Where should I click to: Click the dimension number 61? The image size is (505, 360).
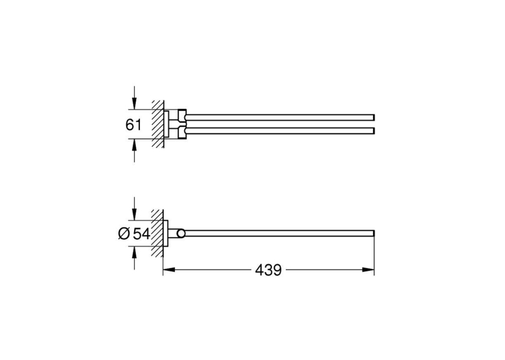133,124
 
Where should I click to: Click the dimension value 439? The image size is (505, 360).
268,270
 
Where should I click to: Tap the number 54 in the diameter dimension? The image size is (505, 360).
142,234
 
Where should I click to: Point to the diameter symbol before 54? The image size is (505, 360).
124,234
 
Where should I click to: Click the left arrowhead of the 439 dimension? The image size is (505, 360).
169,270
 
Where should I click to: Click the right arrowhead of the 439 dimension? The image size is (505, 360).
368,270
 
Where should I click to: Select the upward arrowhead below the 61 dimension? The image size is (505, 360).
135,145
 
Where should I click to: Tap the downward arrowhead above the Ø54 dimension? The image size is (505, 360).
135,215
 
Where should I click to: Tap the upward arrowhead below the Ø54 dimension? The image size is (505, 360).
135,252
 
